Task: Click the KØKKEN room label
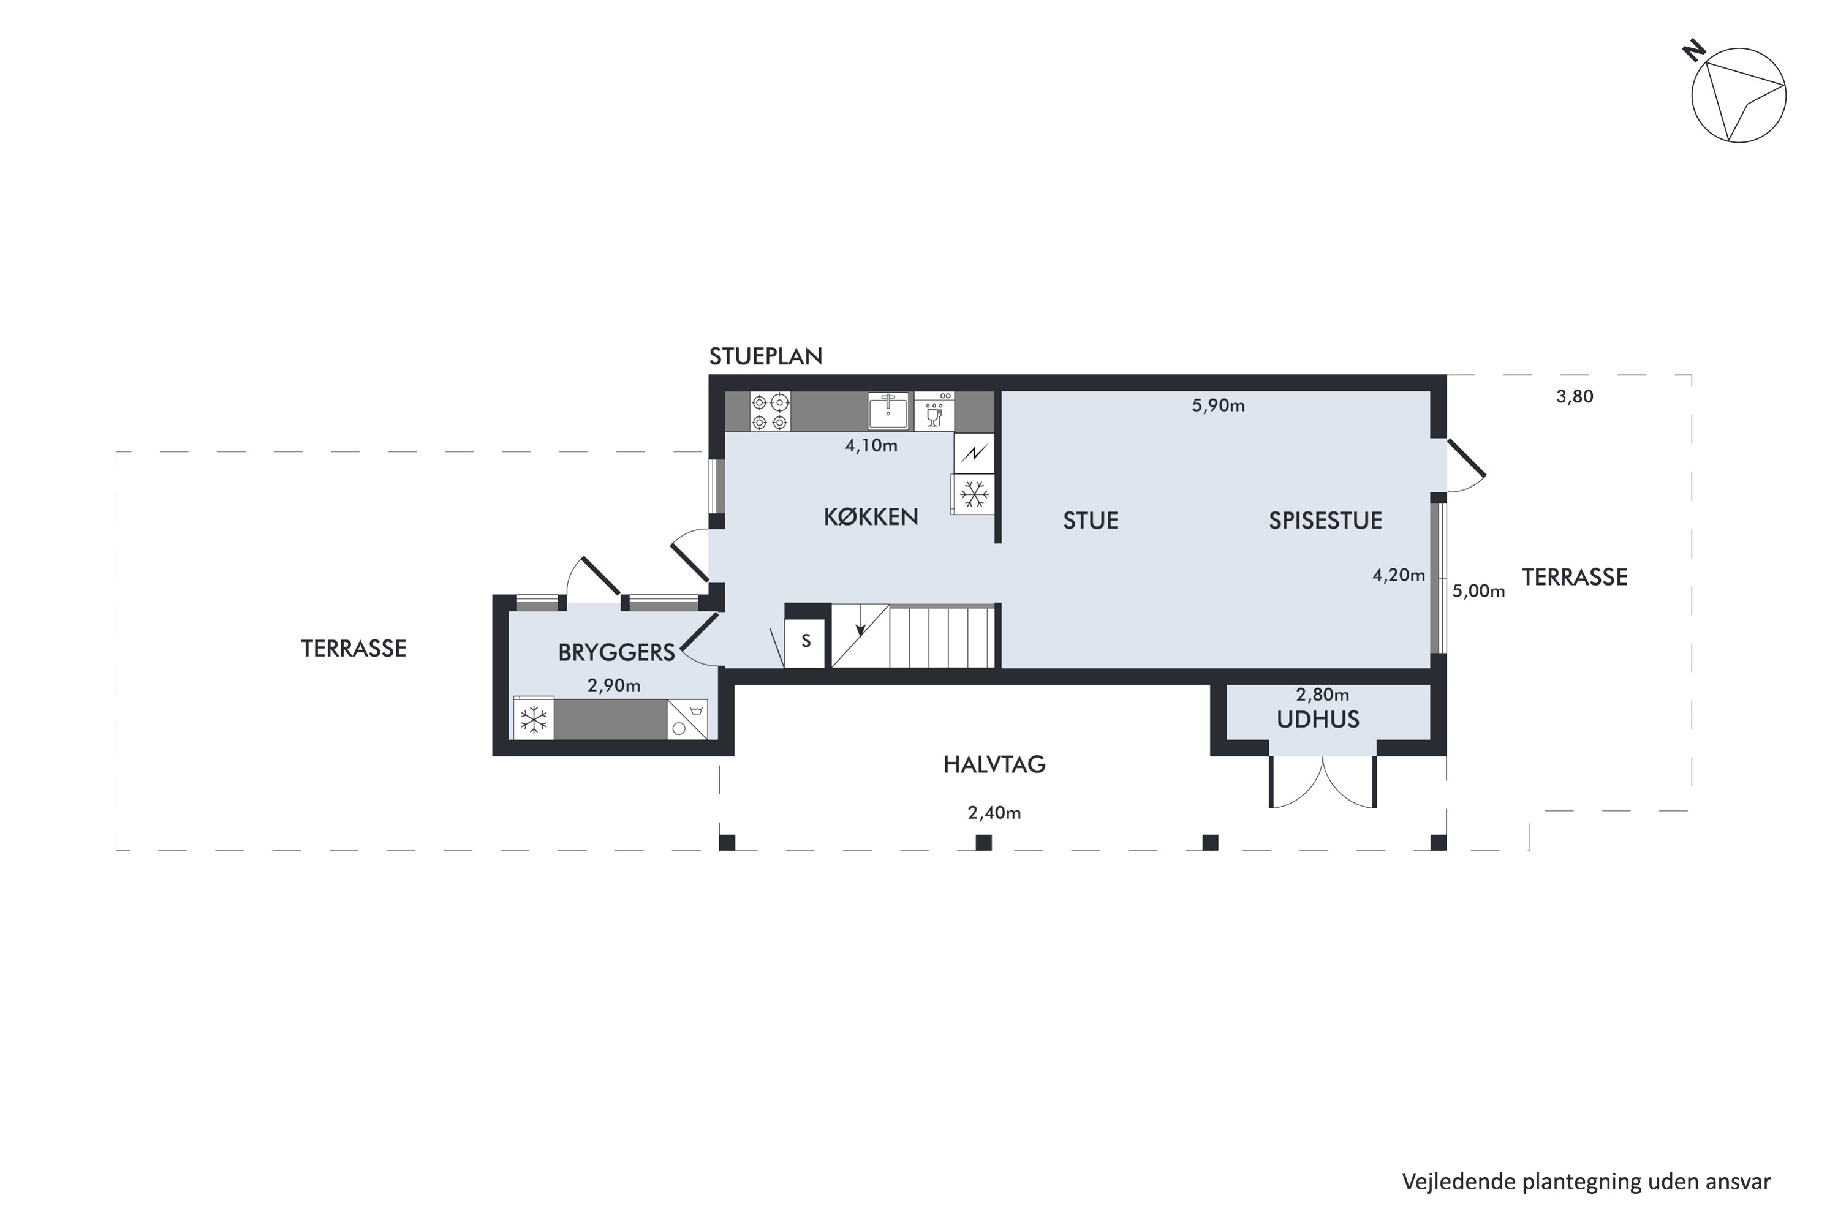click(871, 517)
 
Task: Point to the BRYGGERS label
click(616, 653)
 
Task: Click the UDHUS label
click(1318, 720)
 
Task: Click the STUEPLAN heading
click(765, 357)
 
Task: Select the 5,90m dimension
click(1217, 406)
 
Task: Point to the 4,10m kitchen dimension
click(871, 446)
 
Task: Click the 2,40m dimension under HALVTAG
click(994, 813)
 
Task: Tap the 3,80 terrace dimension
click(1574, 397)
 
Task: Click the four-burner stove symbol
click(770, 412)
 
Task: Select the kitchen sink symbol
click(888, 411)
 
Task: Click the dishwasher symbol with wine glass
click(934, 412)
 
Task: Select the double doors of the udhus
click(1322, 782)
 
